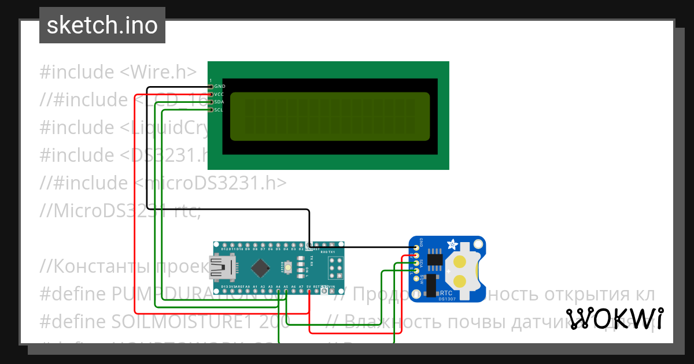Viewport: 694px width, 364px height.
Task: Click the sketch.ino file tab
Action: coord(102,25)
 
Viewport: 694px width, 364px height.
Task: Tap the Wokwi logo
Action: coord(614,318)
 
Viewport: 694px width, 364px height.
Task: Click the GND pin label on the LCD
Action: coord(220,86)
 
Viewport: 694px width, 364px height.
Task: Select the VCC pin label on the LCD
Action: coord(219,94)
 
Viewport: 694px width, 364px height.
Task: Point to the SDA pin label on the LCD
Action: coord(219,102)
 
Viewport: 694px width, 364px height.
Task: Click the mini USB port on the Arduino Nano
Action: coord(223,268)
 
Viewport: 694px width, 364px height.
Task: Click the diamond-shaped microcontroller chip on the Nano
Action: coord(262,268)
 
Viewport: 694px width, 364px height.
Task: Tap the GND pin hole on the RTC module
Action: coord(416,248)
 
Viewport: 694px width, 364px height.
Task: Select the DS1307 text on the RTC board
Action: coord(447,299)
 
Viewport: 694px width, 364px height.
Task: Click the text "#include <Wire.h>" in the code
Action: coord(118,72)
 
